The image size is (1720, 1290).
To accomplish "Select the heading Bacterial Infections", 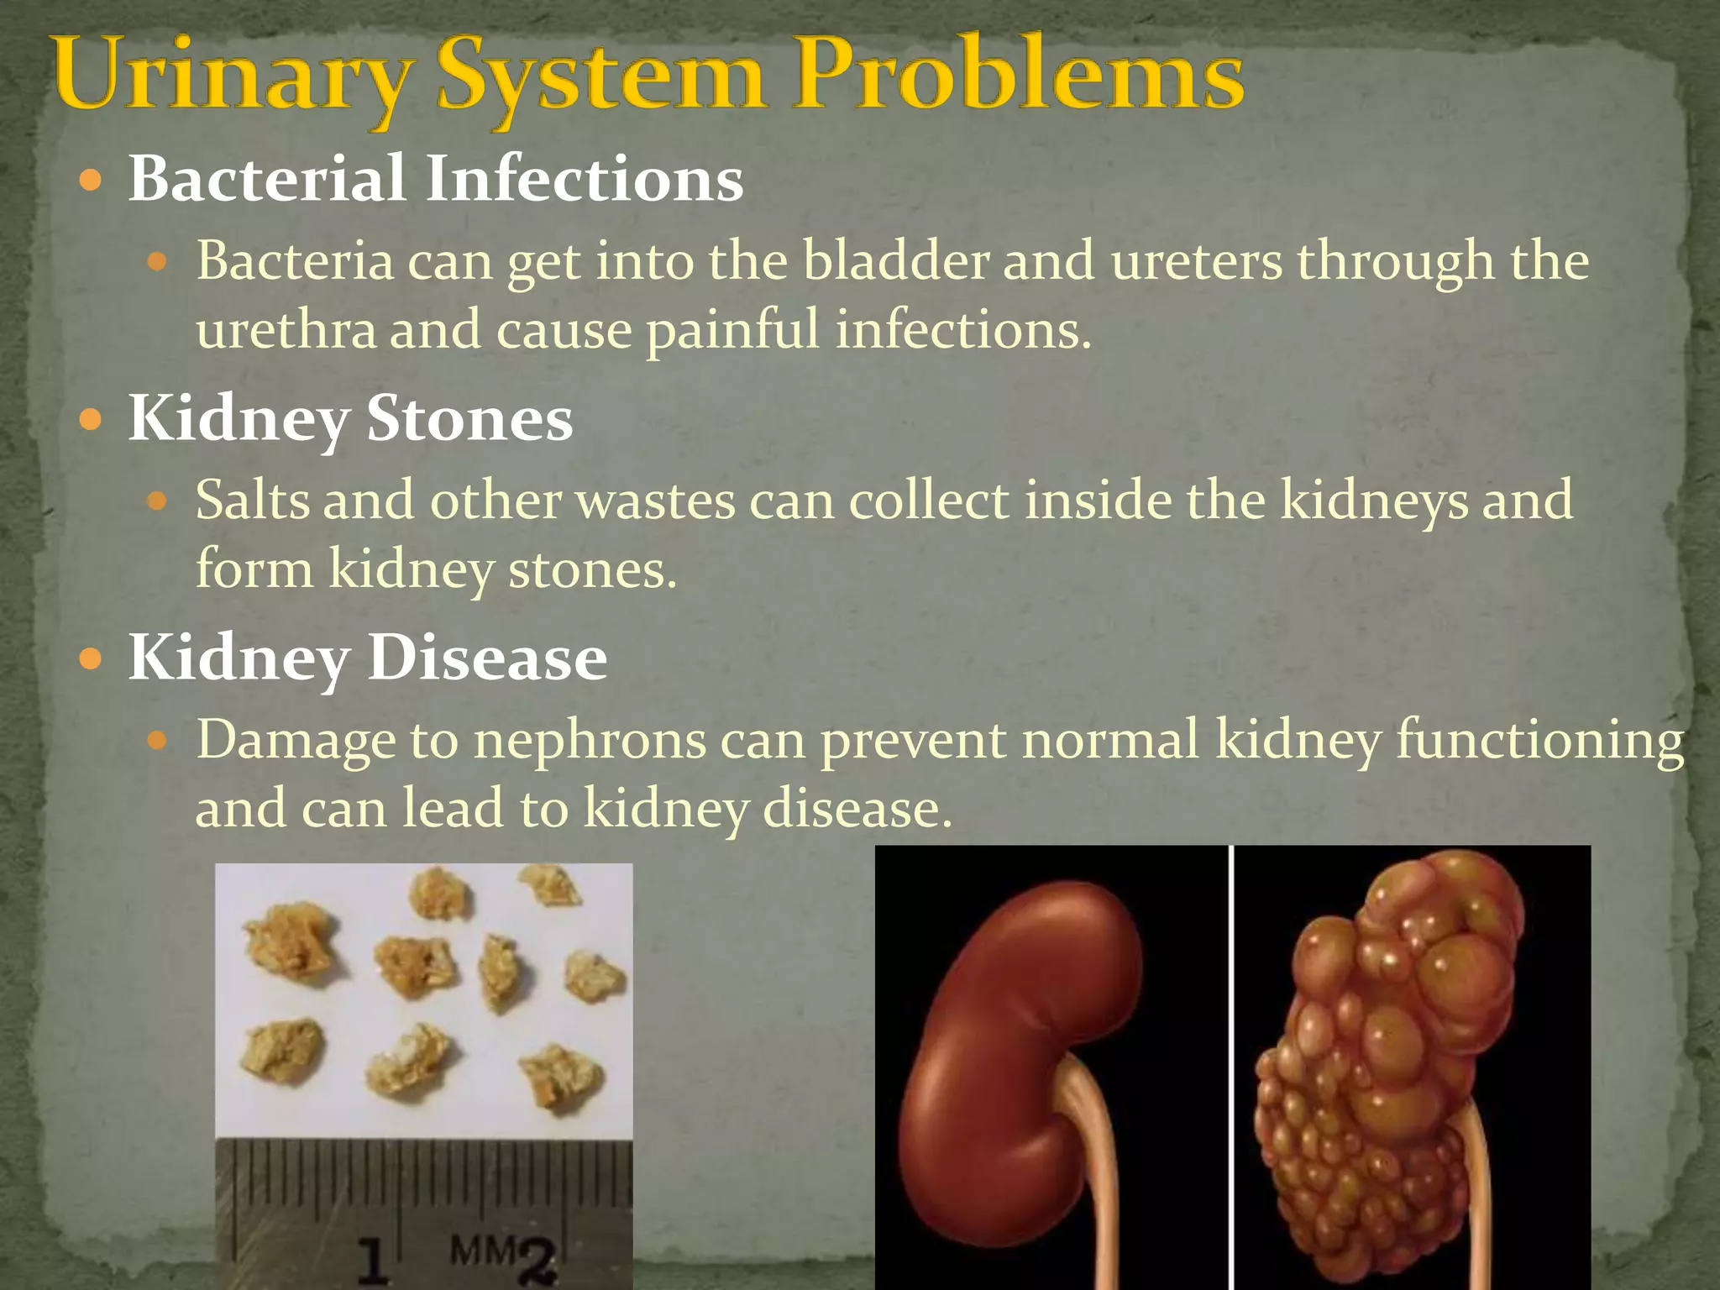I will click(435, 179).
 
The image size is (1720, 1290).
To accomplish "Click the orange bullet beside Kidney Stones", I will click(90, 418).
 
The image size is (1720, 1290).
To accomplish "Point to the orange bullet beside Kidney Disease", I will click(90, 658).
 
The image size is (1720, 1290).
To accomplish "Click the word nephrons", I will click(590, 741).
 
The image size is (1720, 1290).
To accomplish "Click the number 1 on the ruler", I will click(373, 1260).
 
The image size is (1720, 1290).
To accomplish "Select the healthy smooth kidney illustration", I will click(1025, 1050).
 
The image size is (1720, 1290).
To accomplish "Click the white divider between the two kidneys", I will click(1231, 1067).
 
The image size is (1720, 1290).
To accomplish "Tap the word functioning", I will click(1540, 741).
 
